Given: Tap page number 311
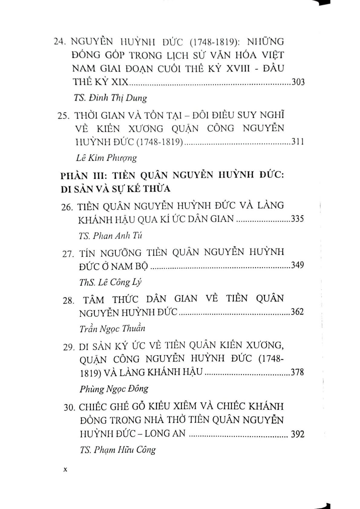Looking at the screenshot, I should pos(297,142).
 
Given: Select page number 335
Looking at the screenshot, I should pos(297,219).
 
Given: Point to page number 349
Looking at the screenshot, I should pos(297,265).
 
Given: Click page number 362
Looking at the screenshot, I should pos(297,312).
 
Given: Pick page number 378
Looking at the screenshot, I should pos(297,372).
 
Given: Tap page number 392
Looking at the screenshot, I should pos(297,434).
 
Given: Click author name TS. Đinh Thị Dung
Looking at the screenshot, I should pos(110,98).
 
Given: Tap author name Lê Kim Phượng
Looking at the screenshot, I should pos(105,158).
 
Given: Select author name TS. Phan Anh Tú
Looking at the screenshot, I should pos(110,235).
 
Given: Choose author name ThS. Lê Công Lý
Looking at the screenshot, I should pos(110,282).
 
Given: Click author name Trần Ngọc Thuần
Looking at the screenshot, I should pos(112,329).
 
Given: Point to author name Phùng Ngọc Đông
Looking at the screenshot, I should pos(114,389).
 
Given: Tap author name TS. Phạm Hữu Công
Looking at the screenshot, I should pos(118,450).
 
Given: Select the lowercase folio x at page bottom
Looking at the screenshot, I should pos(64,470).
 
